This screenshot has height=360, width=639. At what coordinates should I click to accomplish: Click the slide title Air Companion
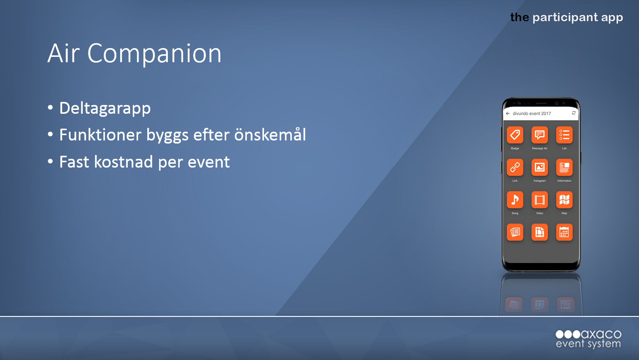(134, 53)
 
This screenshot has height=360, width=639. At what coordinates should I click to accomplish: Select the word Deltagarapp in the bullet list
(105, 108)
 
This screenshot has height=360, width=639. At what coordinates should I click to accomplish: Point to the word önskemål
(270, 134)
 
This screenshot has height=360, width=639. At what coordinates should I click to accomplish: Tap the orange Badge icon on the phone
(515, 135)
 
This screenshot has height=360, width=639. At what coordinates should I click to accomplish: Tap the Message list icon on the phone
(539, 135)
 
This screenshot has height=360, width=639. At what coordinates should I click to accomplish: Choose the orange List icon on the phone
(564, 135)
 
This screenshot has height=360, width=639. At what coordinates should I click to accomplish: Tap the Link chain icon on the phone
(515, 167)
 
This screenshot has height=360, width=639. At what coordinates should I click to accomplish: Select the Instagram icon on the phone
(539, 167)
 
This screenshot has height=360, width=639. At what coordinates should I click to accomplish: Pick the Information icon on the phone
(564, 167)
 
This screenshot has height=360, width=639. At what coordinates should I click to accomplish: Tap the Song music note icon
(515, 200)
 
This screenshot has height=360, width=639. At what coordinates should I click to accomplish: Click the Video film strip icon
(539, 200)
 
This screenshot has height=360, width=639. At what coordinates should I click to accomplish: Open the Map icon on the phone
(564, 200)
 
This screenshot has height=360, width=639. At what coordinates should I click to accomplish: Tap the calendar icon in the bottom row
(564, 232)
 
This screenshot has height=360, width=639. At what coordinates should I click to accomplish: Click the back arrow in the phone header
(508, 113)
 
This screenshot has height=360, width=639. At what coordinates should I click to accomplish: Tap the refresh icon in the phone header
(574, 113)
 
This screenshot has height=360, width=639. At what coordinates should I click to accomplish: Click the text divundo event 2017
(532, 113)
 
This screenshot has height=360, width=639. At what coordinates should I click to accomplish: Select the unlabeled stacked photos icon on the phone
(515, 232)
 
